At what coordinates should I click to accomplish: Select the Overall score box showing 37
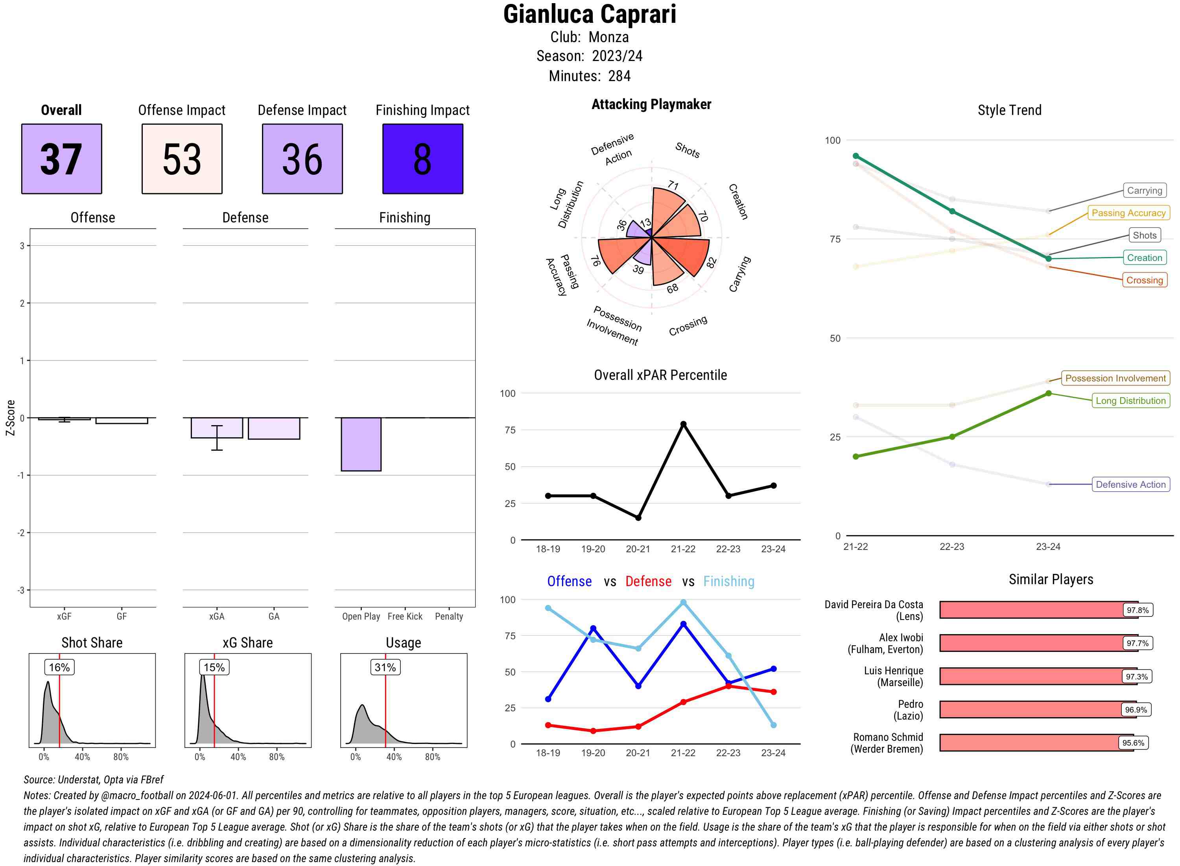point(61,159)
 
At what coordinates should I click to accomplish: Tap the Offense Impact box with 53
point(182,159)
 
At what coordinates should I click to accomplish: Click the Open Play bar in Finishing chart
point(361,444)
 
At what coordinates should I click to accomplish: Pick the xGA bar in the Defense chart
point(217,428)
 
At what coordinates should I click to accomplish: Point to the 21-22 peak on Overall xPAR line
point(683,424)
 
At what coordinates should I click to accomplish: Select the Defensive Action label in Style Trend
point(1130,485)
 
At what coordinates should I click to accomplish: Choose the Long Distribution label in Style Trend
point(1130,400)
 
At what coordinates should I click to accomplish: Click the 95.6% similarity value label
point(1133,743)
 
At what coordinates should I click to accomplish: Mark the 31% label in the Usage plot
point(385,667)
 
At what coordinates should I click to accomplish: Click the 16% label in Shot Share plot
point(59,667)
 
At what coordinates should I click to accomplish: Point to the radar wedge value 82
point(711,263)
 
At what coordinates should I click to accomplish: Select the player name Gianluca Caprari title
point(590,14)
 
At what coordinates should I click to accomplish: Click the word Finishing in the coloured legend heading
point(728,581)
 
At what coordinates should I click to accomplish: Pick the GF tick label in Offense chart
point(122,616)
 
